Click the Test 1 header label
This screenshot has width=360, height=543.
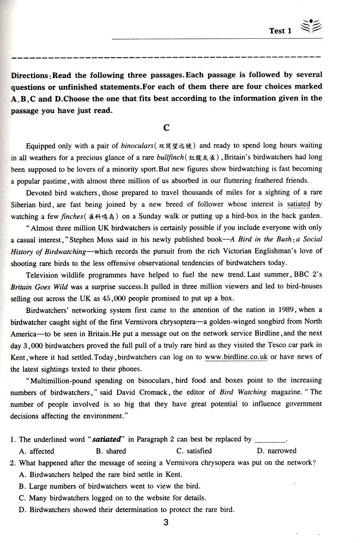(x=281, y=31)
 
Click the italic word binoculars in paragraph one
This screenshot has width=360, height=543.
(x=137, y=146)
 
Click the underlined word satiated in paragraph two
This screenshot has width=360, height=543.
(x=298, y=204)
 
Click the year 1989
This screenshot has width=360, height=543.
(x=290, y=310)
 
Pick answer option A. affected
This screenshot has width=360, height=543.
(x=36, y=451)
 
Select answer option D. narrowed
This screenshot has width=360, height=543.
(x=276, y=451)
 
